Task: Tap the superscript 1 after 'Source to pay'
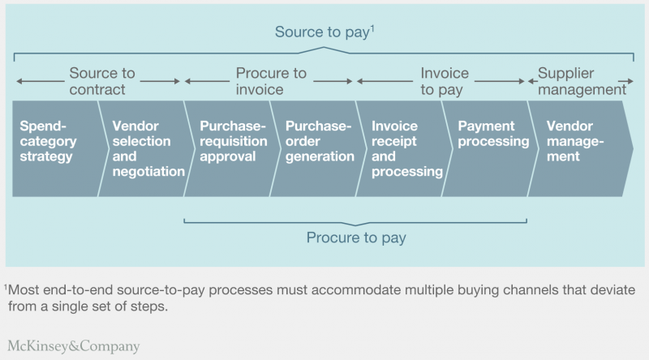(372, 28)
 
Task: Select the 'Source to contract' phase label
(102, 81)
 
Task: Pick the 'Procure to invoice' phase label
(271, 81)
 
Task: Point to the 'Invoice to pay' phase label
(445, 82)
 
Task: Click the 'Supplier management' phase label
(582, 81)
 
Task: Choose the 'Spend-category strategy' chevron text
(48, 141)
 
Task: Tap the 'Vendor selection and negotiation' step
(148, 148)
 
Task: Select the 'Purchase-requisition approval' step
(234, 141)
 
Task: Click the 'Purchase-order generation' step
(320, 141)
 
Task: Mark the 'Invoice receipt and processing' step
(407, 148)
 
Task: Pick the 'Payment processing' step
(493, 134)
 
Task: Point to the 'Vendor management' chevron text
(575, 141)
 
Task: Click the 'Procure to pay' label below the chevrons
(356, 238)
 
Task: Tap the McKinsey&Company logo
(74, 346)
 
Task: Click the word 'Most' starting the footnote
(24, 289)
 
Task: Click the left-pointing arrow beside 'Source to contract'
(41, 82)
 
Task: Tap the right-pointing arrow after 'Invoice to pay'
(500, 82)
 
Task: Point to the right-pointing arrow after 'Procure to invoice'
(333, 82)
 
